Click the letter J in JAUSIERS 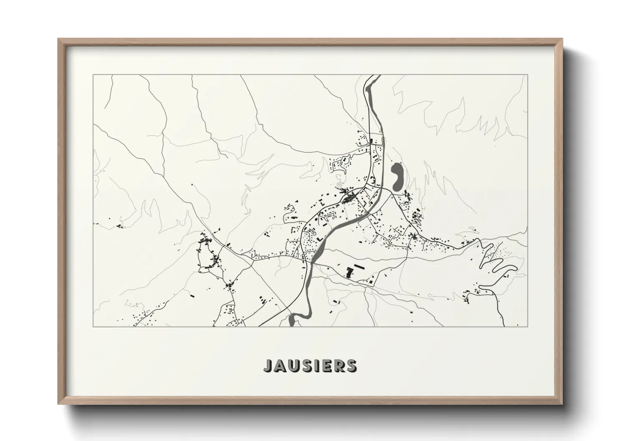(268, 365)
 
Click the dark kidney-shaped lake (396, 176)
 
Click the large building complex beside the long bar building (349, 273)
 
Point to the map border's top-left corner (93, 75)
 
